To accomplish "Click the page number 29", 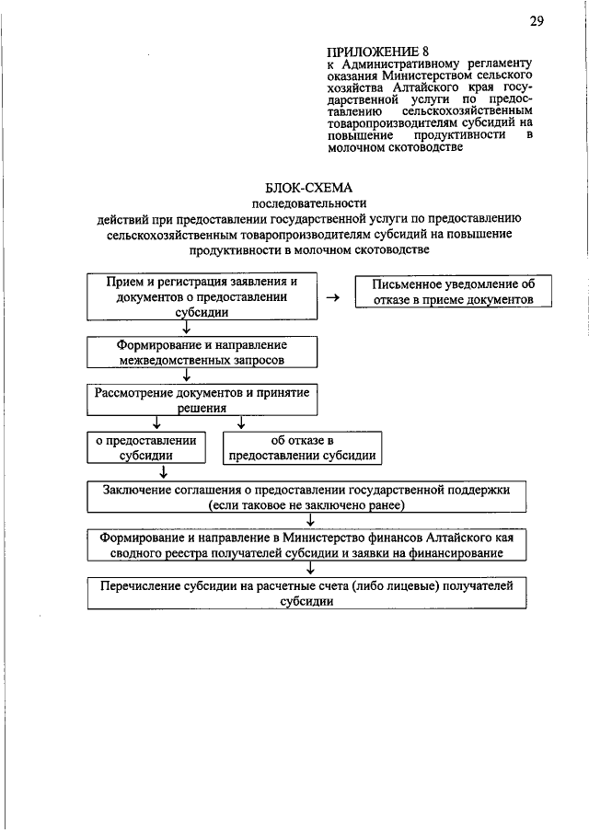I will pos(537,21).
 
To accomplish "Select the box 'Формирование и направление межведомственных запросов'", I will pos(202,351).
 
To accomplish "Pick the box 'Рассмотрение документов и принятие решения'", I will pos(202,399).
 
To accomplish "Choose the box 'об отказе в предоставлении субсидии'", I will pos(302,447).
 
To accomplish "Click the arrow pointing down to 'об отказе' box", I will pos(241,423).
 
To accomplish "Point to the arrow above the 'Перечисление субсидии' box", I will pos(310,569).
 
